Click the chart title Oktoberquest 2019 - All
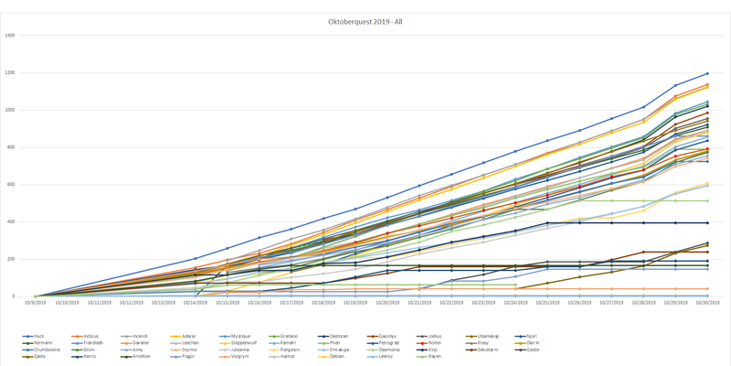(x=364, y=22)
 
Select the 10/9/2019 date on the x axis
(x=36, y=302)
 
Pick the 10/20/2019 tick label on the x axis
(x=387, y=302)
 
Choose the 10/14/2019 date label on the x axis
(x=196, y=302)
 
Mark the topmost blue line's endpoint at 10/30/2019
(x=707, y=74)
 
